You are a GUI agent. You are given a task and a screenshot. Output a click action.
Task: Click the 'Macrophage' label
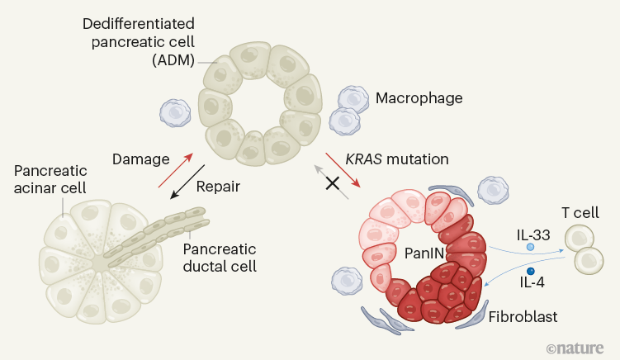tap(419, 98)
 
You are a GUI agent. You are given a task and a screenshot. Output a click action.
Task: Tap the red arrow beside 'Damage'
tap(176, 171)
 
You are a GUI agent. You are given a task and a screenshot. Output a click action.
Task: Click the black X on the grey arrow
tap(333, 182)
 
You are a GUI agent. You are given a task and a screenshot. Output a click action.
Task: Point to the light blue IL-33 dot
tap(531, 246)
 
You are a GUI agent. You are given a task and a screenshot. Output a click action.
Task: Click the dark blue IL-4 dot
tap(531, 271)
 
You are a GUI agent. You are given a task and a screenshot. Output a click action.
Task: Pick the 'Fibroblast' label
tap(522, 316)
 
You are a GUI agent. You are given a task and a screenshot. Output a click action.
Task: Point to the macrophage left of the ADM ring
tap(175, 112)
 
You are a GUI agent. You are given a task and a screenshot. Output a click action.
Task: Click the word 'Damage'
tap(141, 157)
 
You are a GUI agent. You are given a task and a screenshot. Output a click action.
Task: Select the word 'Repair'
tap(218, 187)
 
